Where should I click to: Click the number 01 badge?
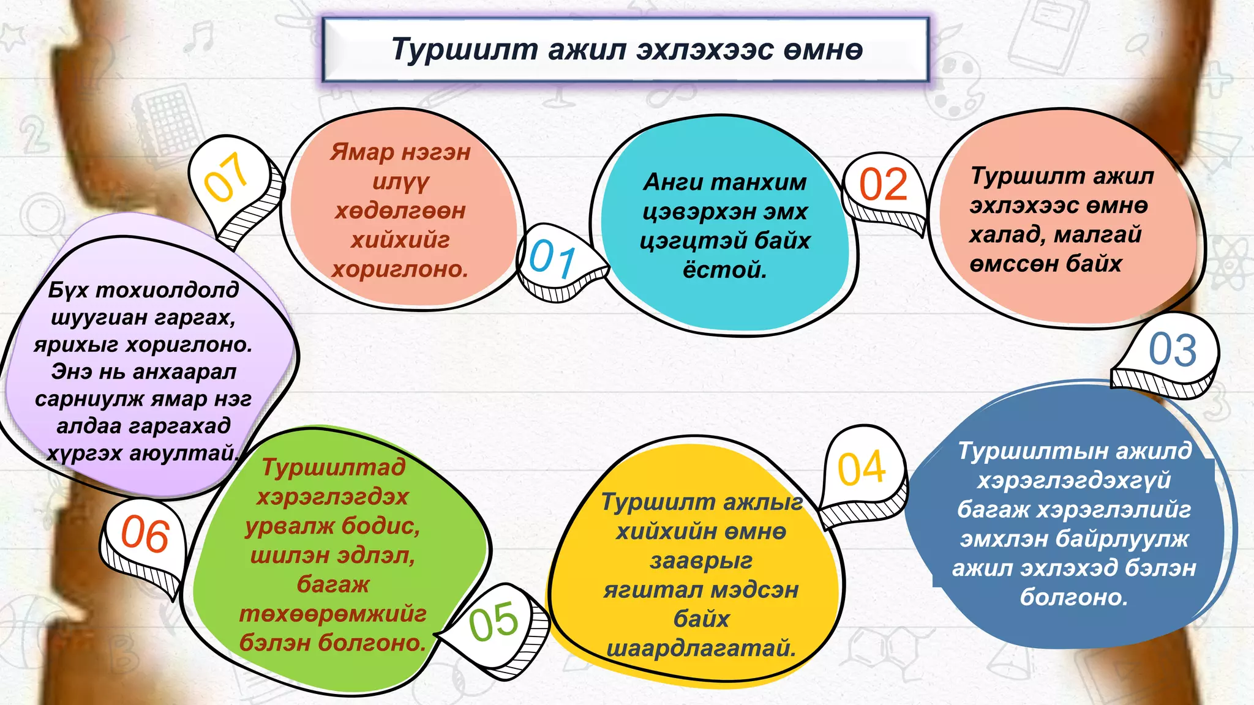[552, 259]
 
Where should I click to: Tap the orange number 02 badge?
[883, 184]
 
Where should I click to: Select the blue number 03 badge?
[1172, 349]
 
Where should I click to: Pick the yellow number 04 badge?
[862, 469]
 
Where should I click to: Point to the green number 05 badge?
[494, 622]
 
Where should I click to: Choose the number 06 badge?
[145, 534]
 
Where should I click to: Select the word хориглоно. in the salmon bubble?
[400, 269]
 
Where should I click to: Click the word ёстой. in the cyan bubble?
[724, 269]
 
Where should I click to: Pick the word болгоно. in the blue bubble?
[1073, 597]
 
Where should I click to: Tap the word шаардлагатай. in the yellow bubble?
[701, 648]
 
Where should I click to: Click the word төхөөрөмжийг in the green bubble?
[332, 613]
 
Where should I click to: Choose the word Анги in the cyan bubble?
[671, 182]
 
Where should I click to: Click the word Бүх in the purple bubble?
[69, 289]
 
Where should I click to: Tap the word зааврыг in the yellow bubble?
[701, 561]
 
